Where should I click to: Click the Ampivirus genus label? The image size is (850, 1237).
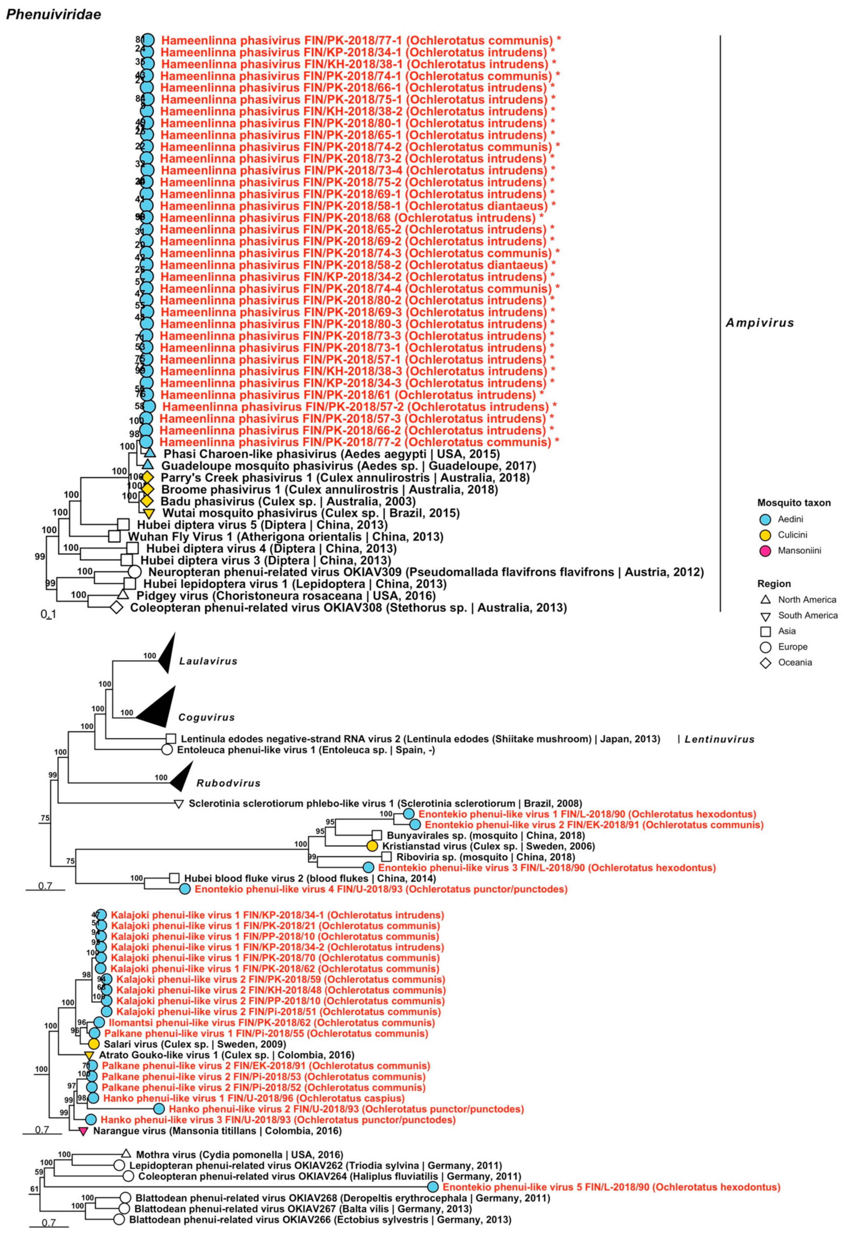point(760,323)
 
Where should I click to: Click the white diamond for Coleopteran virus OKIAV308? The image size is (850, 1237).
point(116,607)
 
